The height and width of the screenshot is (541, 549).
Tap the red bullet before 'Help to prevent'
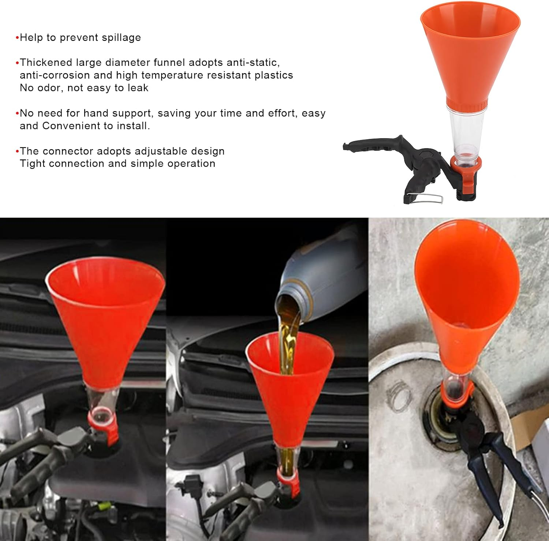pyautogui.click(x=17, y=38)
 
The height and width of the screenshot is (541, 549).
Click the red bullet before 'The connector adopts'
pyautogui.click(x=17, y=151)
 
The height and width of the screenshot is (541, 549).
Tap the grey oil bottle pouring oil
pyautogui.click(x=322, y=270)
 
